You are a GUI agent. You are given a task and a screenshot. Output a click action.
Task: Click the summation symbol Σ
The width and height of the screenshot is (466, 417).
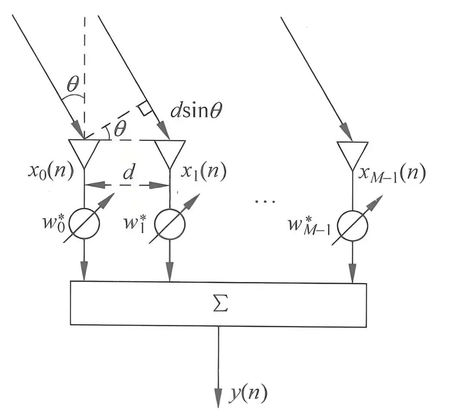coord(220,305)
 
